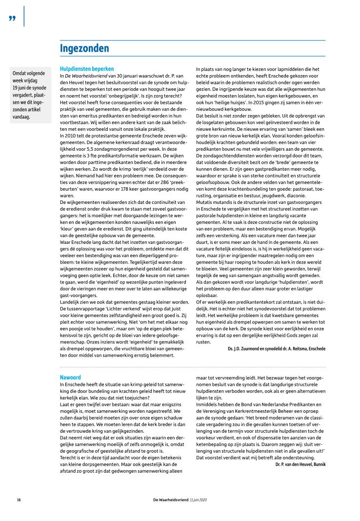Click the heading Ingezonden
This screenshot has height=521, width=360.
(84, 48)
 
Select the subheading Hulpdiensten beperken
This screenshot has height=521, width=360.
(87, 69)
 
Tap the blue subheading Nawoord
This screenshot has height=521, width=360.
(70, 378)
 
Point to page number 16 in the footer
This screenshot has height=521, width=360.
(19, 500)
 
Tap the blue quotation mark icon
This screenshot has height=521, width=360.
(12, 18)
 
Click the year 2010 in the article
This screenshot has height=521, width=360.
(69, 134)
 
